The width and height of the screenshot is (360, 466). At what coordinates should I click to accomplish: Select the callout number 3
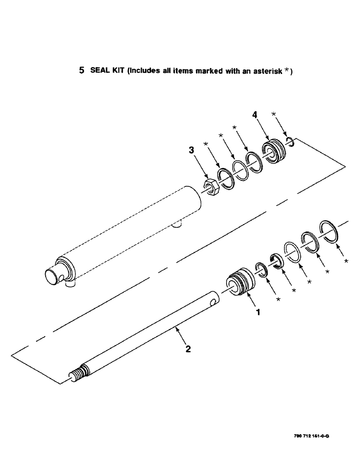(x=191, y=150)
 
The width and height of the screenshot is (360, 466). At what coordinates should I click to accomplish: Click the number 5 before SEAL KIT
(x=82, y=71)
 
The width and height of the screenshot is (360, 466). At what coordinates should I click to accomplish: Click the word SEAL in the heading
(x=97, y=71)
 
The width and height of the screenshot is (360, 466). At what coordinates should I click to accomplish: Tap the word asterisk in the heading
(x=266, y=71)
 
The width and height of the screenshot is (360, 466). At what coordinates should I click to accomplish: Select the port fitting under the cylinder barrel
(x=176, y=225)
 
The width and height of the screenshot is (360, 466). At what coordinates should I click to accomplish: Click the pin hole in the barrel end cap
(x=61, y=278)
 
